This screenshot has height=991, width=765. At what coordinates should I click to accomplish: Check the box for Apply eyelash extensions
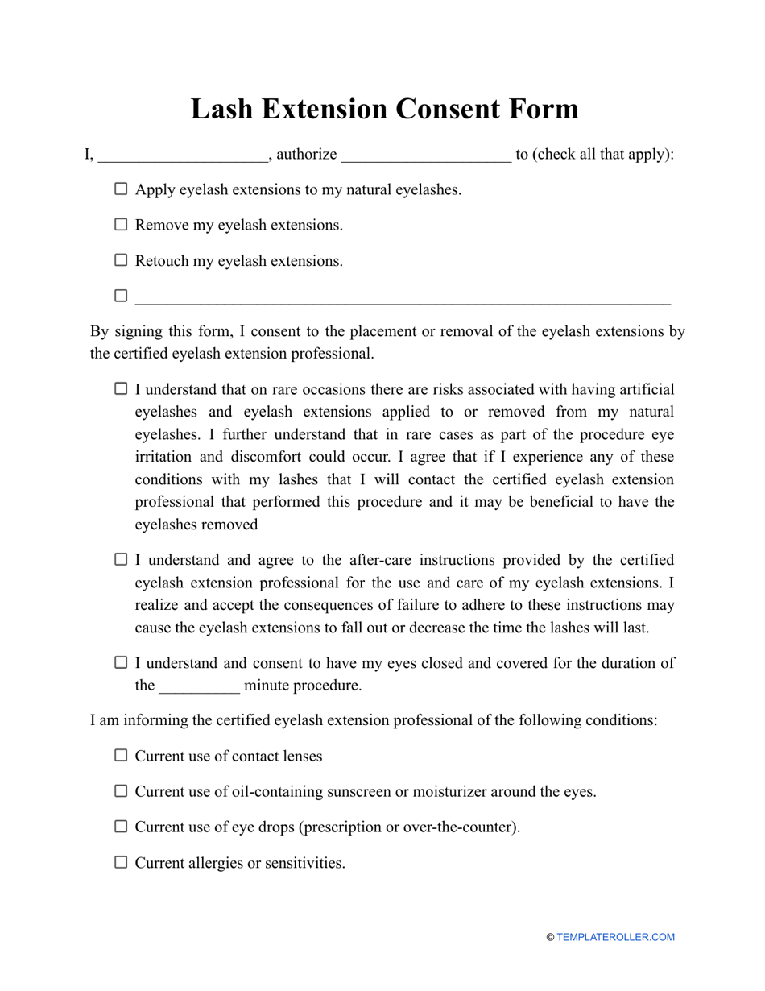(x=121, y=189)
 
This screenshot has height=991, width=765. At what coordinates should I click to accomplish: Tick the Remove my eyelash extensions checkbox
(x=121, y=225)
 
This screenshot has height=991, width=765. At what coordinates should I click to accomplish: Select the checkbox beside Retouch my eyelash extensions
(x=121, y=260)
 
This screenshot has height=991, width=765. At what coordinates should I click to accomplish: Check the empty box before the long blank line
(x=121, y=296)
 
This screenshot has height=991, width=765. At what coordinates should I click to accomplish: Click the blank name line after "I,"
(x=182, y=155)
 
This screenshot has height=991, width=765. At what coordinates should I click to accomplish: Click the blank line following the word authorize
(x=426, y=155)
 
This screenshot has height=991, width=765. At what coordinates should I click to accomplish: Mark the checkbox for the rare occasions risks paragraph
(x=121, y=389)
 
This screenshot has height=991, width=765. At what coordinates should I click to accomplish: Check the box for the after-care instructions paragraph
(x=121, y=559)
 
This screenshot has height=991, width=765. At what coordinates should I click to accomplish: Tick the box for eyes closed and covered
(x=121, y=662)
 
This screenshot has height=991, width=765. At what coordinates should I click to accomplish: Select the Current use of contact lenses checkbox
(x=121, y=756)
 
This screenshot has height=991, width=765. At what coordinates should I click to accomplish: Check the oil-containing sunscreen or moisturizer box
(x=121, y=791)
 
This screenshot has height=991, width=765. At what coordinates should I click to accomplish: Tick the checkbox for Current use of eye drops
(x=121, y=827)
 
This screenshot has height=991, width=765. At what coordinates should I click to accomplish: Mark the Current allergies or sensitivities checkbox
(x=121, y=862)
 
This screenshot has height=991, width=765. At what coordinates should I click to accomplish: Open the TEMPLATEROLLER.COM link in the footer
(x=615, y=937)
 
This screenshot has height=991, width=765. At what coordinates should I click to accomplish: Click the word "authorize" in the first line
(x=307, y=155)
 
